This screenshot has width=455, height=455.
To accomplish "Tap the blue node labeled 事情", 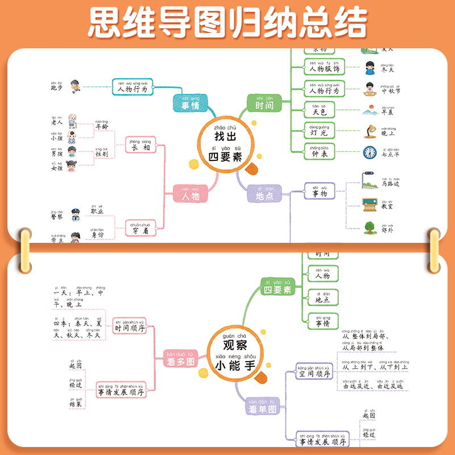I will [x=191, y=105].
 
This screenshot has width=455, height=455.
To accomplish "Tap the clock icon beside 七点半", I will [x=370, y=152].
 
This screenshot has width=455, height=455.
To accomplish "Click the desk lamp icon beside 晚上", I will [x=370, y=132].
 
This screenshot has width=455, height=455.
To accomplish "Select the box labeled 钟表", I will [x=320, y=152].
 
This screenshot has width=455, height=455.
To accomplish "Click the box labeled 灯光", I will [x=320, y=131].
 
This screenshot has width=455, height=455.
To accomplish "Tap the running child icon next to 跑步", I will [x=75, y=86].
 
